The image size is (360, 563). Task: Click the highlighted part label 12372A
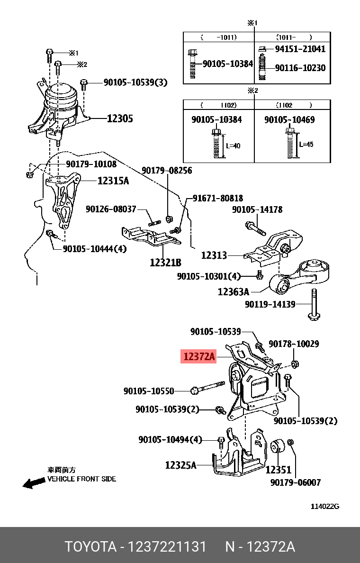point(198,356)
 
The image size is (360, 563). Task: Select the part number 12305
point(120,118)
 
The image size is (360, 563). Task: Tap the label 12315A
point(113,181)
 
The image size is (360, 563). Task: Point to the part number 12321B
point(165,262)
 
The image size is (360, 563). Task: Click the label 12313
point(214,255)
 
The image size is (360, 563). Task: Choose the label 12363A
point(233,292)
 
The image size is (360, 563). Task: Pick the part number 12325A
point(180,465)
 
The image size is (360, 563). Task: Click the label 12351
point(278,470)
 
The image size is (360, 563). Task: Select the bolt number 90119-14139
point(270,304)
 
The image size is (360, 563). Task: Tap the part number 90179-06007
point(296,482)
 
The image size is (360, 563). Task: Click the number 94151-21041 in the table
point(300,49)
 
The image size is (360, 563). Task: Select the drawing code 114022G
point(325,506)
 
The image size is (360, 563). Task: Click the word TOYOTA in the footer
point(90,546)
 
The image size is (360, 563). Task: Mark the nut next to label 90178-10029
point(294,364)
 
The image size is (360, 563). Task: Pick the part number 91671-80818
point(218,198)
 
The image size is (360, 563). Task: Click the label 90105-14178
point(257,209)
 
